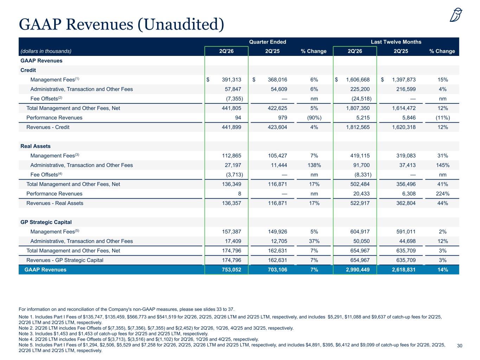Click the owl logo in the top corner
tap(456, 15)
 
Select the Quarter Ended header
tap(268, 42)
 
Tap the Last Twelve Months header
tap(396, 42)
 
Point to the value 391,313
tap(231, 79)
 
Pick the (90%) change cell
tap(314, 117)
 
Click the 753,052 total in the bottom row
tap(231, 270)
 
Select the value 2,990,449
tap(358, 270)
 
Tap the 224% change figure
tap(443, 194)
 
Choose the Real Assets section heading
tap(36, 146)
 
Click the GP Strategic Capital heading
tap(46, 222)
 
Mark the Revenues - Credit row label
tap(48, 127)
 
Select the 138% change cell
tap(314, 165)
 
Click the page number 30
tap(460, 346)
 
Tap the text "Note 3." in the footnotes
tap(26, 334)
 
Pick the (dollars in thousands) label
tap(46, 51)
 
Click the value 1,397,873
tap(404, 79)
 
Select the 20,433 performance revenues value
tap(361, 194)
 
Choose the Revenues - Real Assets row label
tap(55, 203)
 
